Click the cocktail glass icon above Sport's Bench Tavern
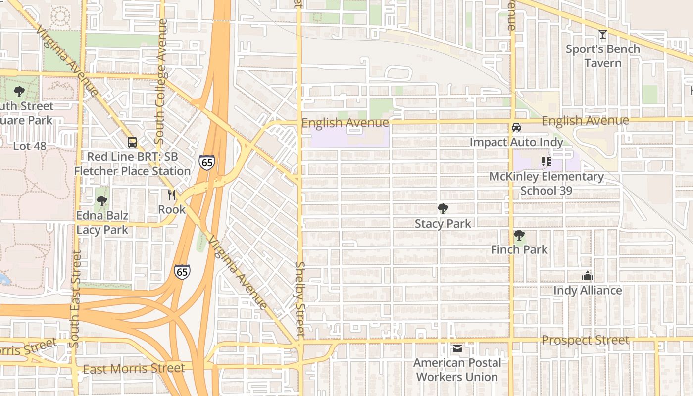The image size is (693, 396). point(602,34)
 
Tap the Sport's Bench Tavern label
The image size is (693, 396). point(602,56)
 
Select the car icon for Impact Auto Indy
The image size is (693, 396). point(516,127)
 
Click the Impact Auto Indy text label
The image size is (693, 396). point(516,142)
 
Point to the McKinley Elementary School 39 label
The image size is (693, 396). point(546,184)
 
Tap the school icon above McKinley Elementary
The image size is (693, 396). point(546,162)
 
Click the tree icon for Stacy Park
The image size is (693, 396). point(443,209)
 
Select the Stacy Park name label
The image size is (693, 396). point(443,224)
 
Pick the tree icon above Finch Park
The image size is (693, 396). point(519,235)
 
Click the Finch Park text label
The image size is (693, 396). point(519,249)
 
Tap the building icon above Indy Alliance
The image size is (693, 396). point(587,276)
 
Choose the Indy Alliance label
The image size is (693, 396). point(587,290)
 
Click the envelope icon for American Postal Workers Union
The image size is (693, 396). point(457,348)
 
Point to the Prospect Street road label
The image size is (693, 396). point(585,340)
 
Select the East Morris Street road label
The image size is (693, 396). point(134,369)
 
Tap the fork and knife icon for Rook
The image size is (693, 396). point(172,195)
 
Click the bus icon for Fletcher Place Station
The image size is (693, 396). point(132,142)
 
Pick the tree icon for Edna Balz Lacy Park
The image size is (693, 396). point(102,201)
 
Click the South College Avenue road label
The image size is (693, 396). point(161,81)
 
